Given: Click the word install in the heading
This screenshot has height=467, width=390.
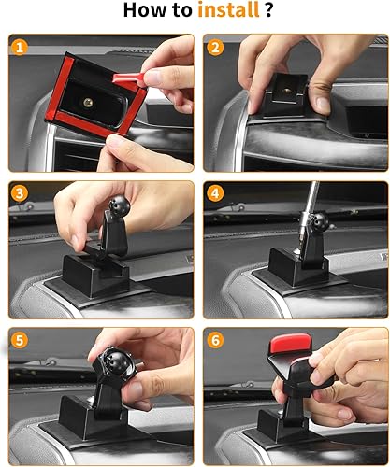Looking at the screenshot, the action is [228, 9].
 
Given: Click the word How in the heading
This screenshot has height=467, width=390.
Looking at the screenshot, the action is [142, 10].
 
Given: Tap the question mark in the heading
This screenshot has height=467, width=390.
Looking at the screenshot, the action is [269, 9].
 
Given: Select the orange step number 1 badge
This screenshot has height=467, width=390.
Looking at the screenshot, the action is [20, 48].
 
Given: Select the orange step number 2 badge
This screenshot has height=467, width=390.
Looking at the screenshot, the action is [215, 48].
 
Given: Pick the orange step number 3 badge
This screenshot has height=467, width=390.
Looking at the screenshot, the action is [20, 193].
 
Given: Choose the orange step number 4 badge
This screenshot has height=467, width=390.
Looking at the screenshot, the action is [215, 193].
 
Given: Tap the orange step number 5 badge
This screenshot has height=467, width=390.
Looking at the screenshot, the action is [20, 340].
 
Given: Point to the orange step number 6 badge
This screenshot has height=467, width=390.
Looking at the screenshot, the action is [215, 340].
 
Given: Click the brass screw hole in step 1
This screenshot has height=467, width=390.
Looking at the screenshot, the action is [88, 103].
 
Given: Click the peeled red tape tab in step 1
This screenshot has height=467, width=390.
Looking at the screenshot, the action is [128, 78].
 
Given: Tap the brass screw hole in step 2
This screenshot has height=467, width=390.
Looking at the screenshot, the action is [286, 91].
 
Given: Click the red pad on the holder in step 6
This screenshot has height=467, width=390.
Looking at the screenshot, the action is [291, 343].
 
